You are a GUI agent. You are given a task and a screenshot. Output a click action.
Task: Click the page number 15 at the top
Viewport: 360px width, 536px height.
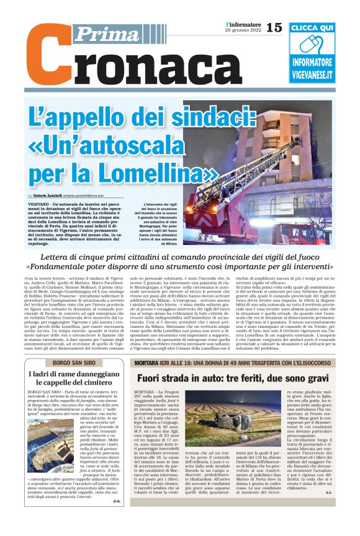point(274,27)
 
